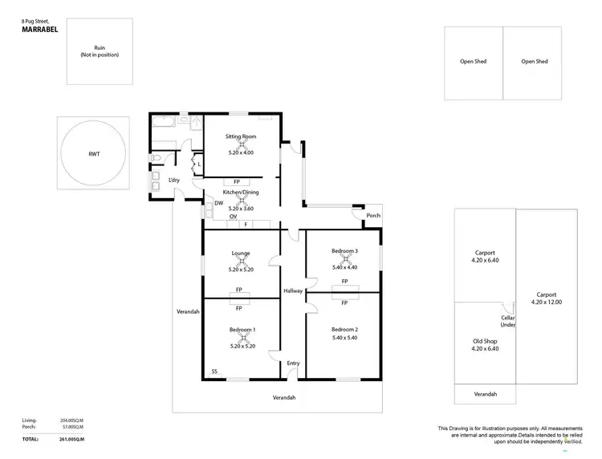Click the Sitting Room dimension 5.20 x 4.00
[x=241, y=152]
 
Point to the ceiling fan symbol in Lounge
[x=241, y=261]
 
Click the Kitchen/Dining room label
[x=241, y=193]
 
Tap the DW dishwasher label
[x=218, y=204]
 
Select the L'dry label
[x=173, y=181]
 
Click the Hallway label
[x=293, y=290]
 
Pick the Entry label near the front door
[x=293, y=364]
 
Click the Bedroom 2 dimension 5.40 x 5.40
[x=344, y=338]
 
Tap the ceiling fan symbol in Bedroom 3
[x=344, y=259]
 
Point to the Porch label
[x=372, y=215]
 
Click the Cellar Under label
[x=506, y=320]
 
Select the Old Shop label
[x=484, y=340]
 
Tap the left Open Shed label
[x=474, y=61]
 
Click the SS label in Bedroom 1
[x=214, y=372]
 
